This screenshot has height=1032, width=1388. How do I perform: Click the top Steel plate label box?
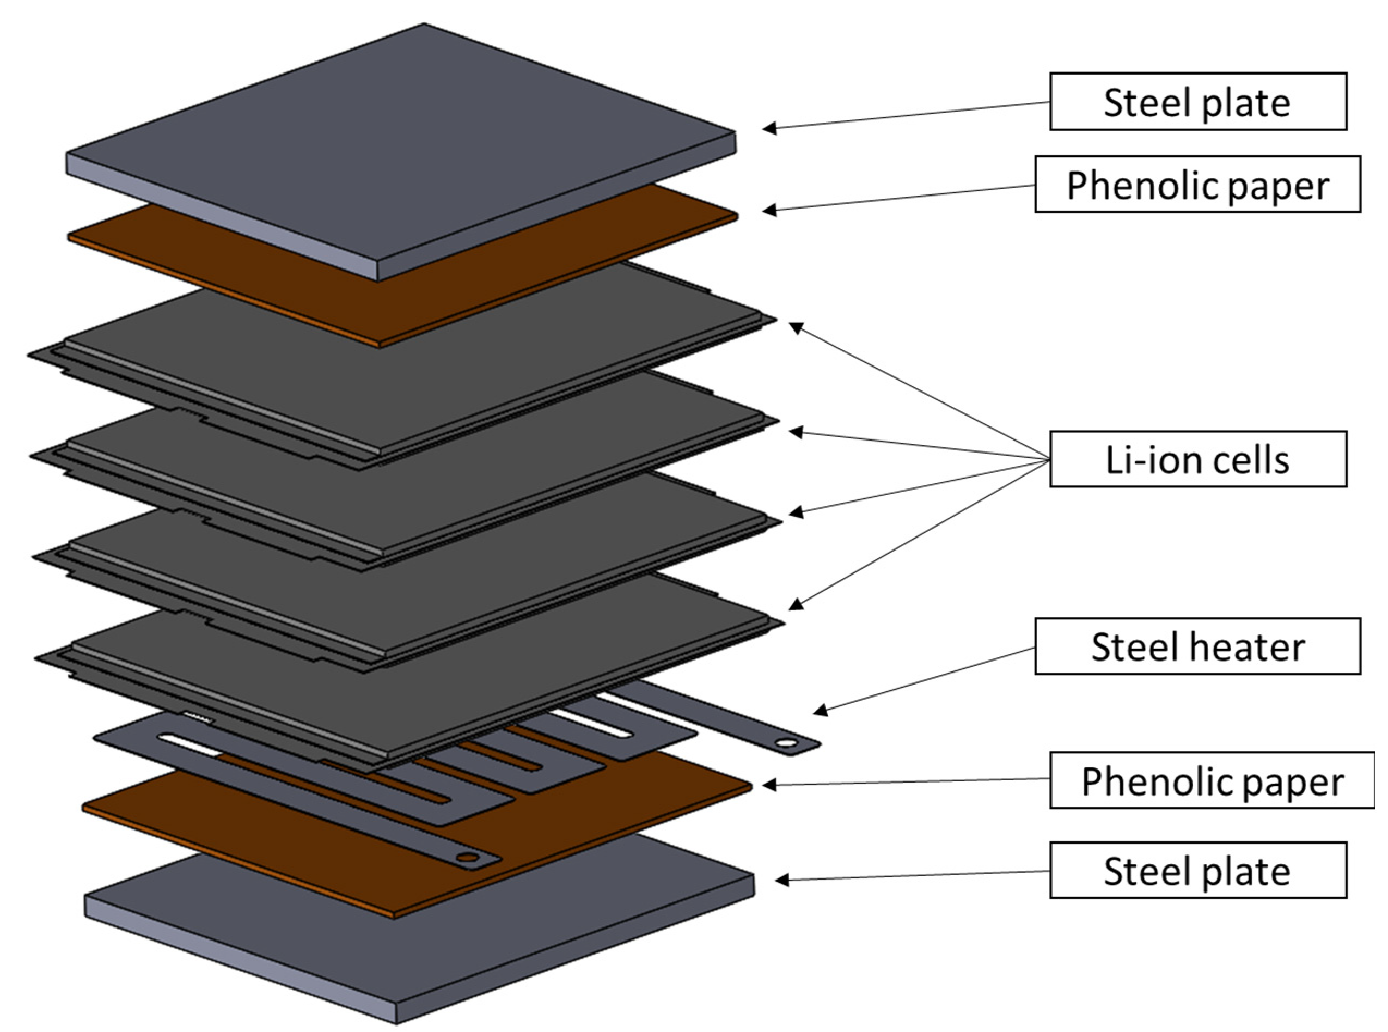click(1197, 102)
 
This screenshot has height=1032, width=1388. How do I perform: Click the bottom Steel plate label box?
click(1197, 870)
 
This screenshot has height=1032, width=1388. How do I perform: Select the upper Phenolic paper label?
click(1197, 185)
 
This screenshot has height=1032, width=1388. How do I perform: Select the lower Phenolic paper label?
click(1211, 781)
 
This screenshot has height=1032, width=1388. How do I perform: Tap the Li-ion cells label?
click(1197, 459)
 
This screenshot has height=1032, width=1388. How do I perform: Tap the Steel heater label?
click(1197, 646)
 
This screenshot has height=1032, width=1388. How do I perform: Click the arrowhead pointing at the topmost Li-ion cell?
click(796, 327)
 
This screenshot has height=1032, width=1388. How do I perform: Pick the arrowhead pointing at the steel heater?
click(820, 710)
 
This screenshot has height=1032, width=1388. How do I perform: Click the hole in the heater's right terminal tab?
click(787, 743)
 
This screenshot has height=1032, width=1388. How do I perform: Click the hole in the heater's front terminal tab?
click(467, 858)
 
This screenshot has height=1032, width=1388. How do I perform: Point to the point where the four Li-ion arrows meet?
click(1049, 460)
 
